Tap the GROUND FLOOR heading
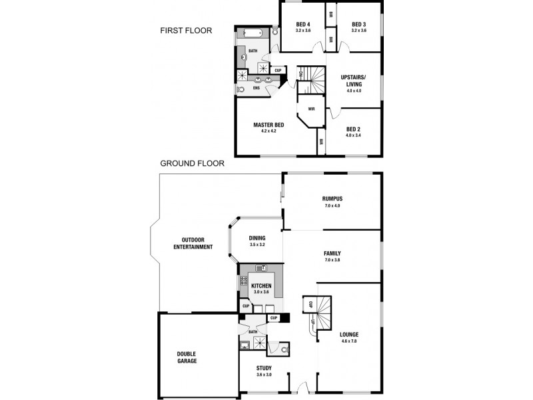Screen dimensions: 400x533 click(x=191, y=163)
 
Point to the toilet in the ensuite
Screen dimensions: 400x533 click(x=241, y=89)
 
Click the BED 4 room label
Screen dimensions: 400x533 click(x=303, y=25)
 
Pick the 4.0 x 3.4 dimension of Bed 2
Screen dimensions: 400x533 click(x=353, y=135)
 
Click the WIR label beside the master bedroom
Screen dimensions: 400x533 click(x=310, y=109)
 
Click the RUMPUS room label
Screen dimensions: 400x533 click(x=332, y=199)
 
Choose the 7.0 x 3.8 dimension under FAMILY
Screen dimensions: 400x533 click(x=332, y=259)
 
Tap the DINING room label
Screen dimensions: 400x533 click(x=257, y=238)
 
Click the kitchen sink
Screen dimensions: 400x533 click(x=261, y=268)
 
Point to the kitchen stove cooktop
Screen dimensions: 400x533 click(x=243, y=281)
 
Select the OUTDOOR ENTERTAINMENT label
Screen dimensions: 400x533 click(x=193, y=243)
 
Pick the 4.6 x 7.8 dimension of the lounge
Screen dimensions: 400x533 click(x=349, y=341)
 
